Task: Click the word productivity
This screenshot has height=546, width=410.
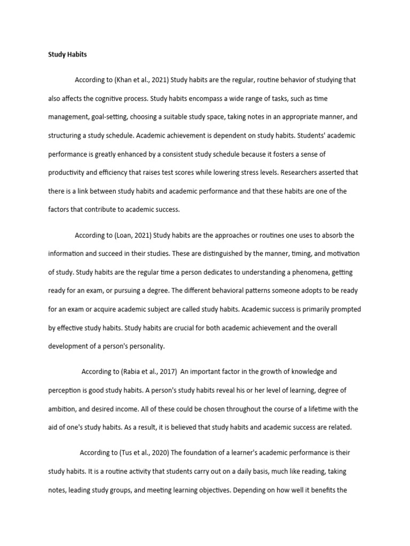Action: tap(69, 173)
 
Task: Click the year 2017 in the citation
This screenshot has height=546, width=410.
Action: tap(169, 371)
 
